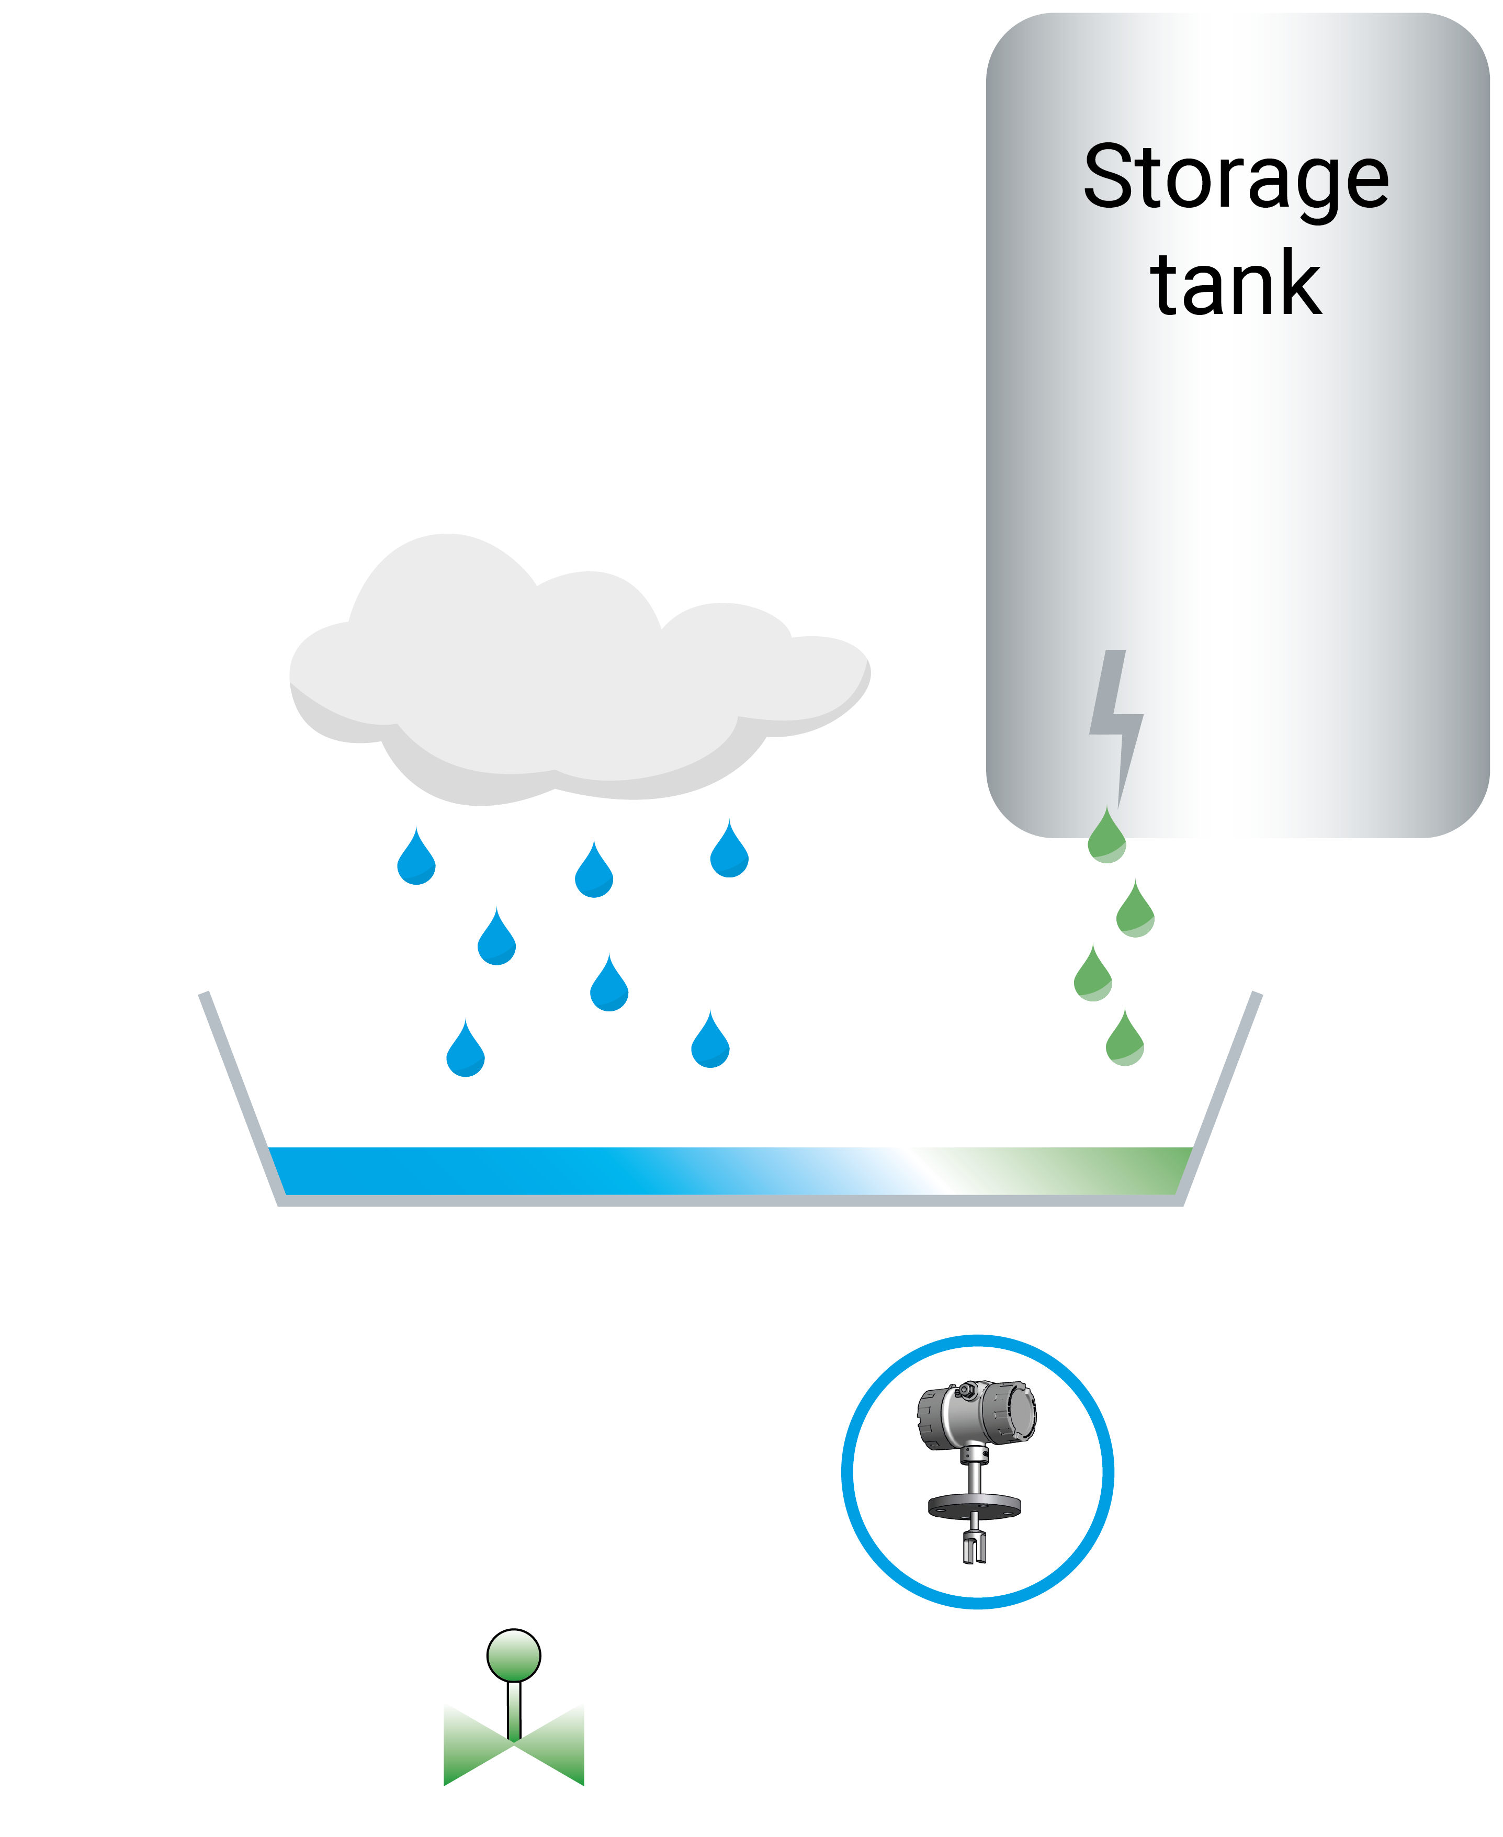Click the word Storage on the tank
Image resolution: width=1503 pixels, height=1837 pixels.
click(x=1236, y=177)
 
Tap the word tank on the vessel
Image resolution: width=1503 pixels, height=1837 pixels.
click(x=1236, y=284)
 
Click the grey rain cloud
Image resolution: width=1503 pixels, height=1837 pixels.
click(x=571, y=684)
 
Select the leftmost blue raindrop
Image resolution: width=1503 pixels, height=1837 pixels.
click(x=416, y=860)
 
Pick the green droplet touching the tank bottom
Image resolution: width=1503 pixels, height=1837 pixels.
click(x=1106, y=838)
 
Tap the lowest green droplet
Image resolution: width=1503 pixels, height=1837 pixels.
click(x=1125, y=1041)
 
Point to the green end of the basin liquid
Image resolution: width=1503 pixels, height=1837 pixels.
click(x=1143, y=1170)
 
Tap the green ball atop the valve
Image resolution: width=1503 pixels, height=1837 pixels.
click(x=513, y=1655)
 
